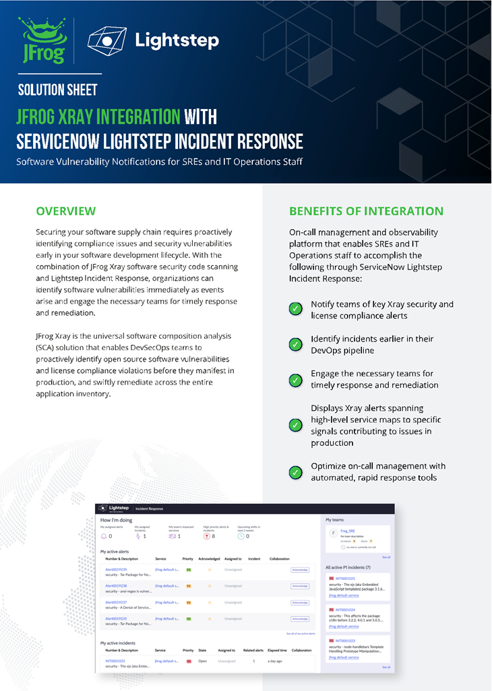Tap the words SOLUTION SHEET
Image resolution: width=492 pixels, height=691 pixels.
click(x=58, y=90)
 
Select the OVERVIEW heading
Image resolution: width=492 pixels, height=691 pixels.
click(x=65, y=211)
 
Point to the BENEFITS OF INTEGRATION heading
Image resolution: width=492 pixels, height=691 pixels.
click(x=366, y=211)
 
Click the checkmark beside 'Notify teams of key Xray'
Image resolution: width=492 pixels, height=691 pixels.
click(x=295, y=309)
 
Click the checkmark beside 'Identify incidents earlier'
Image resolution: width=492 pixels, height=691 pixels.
click(x=295, y=344)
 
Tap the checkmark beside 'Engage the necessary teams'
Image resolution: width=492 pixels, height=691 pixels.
click(x=295, y=380)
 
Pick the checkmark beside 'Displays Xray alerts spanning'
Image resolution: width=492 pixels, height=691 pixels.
click(x=295, y=425)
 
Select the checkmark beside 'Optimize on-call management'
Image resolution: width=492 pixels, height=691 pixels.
click(x=295, y=472)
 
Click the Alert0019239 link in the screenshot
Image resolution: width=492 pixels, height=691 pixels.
click(x=116, y=569)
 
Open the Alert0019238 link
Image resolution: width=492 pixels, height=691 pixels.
click(x=116, y=585)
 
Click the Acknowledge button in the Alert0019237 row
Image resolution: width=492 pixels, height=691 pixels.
click(x=300, y=602)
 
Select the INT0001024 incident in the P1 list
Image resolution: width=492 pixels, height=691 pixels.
click(x=345, y=610)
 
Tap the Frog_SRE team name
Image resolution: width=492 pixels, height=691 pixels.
click(x=348, y=531)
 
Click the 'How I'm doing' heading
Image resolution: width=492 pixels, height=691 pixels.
click(x=115, y=520)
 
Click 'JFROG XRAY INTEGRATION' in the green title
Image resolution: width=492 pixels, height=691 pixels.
click(x=98, y=117)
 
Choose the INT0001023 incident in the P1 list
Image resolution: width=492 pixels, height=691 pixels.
click(x=345, y=640)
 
